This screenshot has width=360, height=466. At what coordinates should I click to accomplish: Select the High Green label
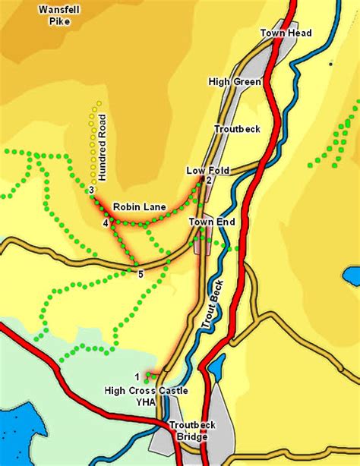235,81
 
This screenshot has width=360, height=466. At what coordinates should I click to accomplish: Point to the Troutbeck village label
237,129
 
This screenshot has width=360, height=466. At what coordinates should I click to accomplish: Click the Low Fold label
207,171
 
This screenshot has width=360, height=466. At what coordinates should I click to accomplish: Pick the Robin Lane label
134,206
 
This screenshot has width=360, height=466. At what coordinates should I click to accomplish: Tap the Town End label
212,222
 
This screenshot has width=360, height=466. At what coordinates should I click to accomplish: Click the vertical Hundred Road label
103,147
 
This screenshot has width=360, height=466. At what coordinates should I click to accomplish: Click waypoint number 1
137,376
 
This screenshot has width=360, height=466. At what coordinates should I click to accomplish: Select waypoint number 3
90,190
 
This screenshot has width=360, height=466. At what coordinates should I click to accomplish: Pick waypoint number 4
105,223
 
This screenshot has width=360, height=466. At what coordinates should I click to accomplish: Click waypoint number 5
141,274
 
